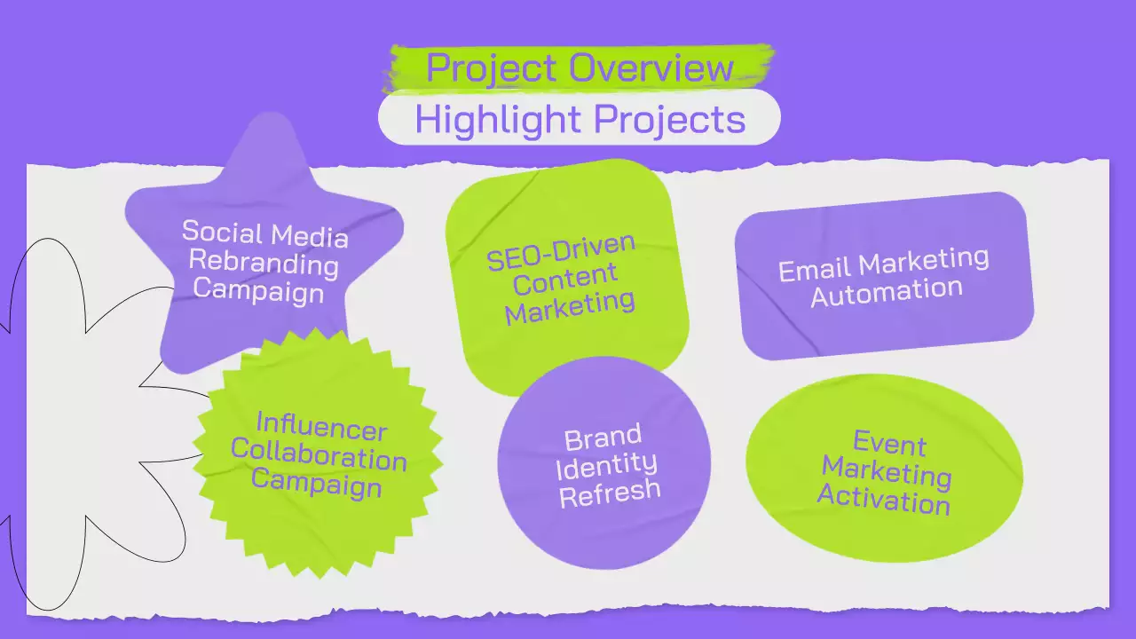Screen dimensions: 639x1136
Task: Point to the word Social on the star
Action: click(x=220, y=232)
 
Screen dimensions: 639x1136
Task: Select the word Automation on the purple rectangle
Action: click(x=886, y=290)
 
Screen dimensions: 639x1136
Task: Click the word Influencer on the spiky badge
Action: click(x=321, y=427)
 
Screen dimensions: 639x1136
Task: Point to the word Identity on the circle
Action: click(x=609, y=463)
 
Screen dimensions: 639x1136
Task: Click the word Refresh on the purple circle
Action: click(x=610, y=491)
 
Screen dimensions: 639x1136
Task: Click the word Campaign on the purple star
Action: click(x=258, y=289)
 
